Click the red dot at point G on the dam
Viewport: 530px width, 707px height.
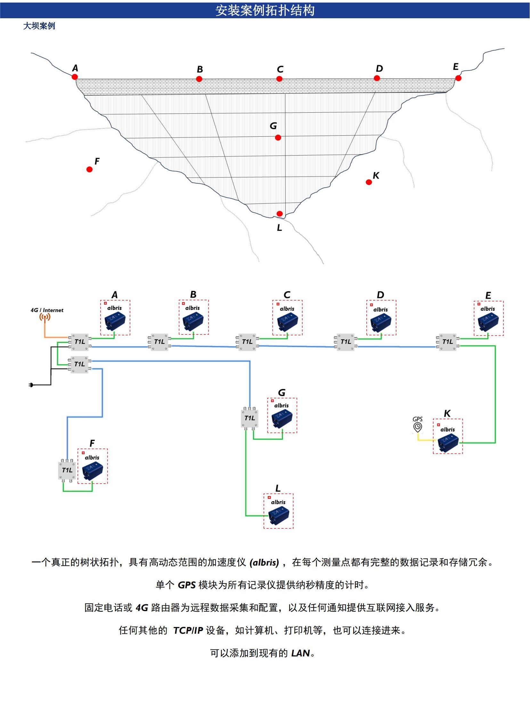click(278, 138)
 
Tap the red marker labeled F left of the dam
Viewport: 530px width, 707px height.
click(89, 169)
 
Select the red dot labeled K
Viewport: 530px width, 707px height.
click(369, 182)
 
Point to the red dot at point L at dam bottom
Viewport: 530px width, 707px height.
click(280, 213)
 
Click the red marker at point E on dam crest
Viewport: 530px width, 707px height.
click(458, 78)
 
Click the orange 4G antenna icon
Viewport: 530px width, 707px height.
click(45, 317)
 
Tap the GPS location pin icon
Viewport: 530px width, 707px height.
click(418, 427)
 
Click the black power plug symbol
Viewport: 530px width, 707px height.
click(31, 385)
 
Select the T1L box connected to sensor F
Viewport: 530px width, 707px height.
click(67, 470)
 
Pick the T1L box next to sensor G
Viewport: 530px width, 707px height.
click(249, 418)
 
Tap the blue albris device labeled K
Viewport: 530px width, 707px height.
click(448, 443)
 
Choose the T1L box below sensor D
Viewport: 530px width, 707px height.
click(346, 342)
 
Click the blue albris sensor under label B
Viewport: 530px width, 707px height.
click(193, 321)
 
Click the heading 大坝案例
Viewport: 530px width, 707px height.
click(39, 26)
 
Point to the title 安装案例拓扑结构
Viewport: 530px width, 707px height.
click(265, 10)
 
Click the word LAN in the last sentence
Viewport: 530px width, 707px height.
click(300, 653)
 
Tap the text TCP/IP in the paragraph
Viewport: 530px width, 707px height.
click(188, 630)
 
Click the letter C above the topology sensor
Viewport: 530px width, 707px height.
click(287, 295)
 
